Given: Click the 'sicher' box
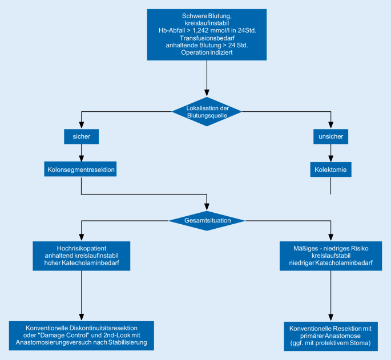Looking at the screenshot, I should click(82, 137).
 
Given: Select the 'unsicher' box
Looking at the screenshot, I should click(330, 137).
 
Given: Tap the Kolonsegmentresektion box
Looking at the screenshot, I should click(82, 169).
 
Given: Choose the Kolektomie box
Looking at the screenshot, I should click(330, 169).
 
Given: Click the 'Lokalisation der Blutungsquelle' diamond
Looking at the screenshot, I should click(207, 111).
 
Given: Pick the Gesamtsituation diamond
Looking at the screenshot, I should click(207, 220).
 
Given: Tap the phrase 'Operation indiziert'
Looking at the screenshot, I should click(207, 52).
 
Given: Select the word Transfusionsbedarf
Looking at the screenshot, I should click(207, 38).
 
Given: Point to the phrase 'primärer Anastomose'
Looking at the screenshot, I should click(330, 336).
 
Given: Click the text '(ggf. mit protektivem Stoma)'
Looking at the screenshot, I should click(330, 343).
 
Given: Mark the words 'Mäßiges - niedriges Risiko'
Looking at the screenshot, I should click(330, 248).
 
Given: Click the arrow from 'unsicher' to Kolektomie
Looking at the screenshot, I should click(330, 153).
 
